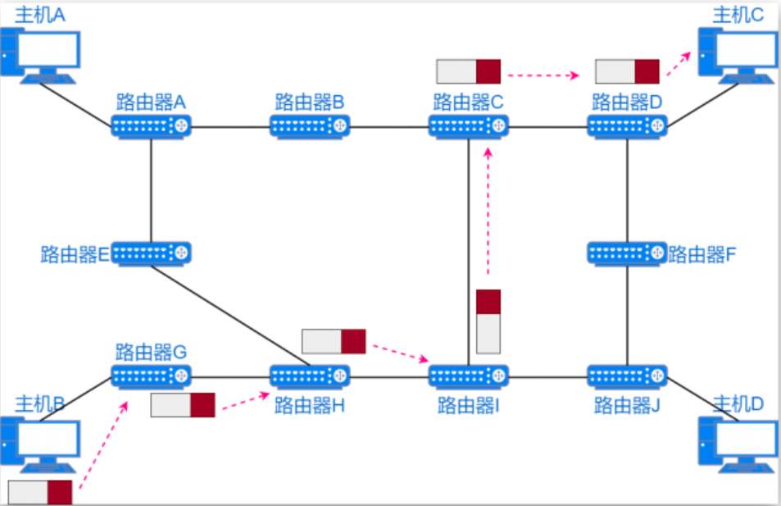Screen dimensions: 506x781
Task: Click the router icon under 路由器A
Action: [152, 126]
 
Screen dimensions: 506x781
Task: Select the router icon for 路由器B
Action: [311, 126]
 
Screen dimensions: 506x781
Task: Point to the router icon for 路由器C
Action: [469, 126]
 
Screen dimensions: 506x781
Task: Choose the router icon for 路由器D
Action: [628, 126]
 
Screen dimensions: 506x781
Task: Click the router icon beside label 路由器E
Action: [152, 253]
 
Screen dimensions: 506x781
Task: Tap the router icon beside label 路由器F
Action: [628, 253]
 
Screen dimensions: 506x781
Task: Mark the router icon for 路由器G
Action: [152, 376]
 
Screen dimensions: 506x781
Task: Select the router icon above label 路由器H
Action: [311, 376]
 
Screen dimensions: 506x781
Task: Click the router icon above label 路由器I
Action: [469, 376]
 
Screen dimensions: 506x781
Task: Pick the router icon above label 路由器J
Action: [628, 376]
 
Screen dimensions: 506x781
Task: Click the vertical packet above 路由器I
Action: [488, 321]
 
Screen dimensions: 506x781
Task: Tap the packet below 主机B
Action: [40, 493]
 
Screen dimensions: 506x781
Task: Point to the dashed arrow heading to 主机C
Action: [678, 65]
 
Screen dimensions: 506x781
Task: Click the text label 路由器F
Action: [702, 254]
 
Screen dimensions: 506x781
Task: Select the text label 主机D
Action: [738, 403]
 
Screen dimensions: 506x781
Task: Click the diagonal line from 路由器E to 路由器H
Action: [229, 315]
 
